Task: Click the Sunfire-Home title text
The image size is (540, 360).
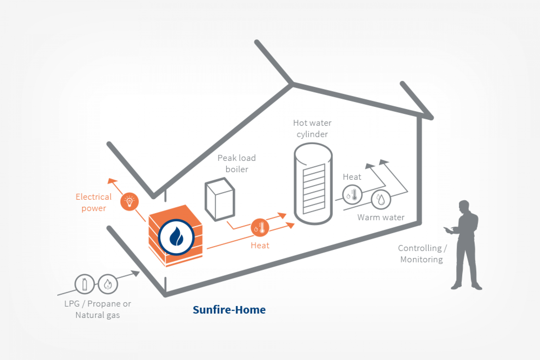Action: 229,310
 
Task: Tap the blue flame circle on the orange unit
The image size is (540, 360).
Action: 176,237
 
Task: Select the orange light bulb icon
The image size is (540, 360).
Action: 129,201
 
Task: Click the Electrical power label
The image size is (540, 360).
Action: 94,202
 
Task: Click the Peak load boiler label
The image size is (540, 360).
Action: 237,163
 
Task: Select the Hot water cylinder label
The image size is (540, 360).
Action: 312,129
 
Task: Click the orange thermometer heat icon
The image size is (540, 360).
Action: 260,228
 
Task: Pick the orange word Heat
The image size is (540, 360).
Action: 260,246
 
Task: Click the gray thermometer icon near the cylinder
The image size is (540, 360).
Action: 352,194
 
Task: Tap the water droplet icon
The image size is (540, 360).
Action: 381,199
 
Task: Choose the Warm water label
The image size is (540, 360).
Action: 381,217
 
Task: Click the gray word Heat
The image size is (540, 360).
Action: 352,177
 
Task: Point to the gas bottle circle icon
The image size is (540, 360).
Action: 84,284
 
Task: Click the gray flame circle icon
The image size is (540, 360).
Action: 108,284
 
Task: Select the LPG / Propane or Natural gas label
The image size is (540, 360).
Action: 98,309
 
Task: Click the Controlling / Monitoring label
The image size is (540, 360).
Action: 422,254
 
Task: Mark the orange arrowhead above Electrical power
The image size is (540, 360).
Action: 112,181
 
